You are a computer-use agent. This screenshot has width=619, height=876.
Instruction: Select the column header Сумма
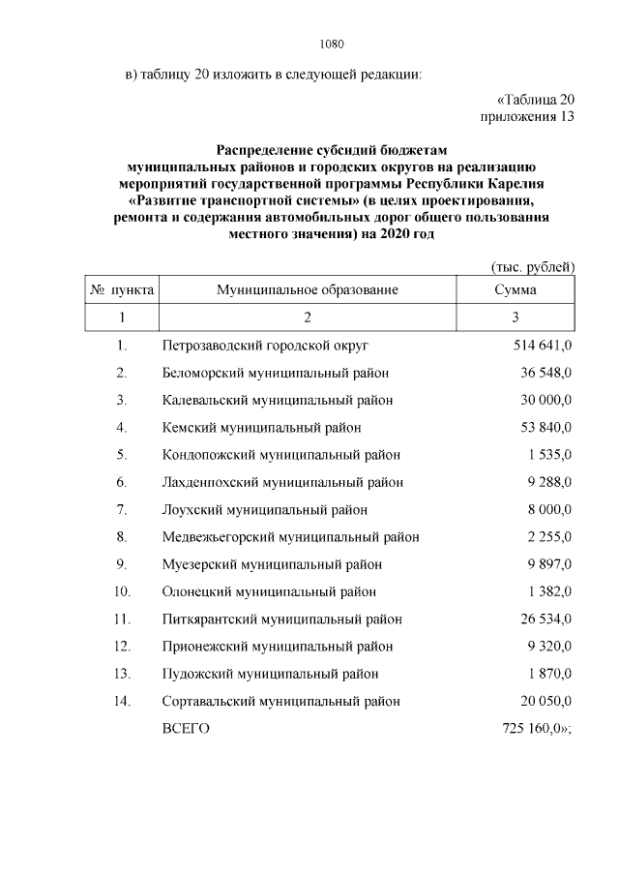(x=516, y=289)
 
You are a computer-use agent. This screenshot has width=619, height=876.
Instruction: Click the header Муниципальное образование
(x=308, y=289)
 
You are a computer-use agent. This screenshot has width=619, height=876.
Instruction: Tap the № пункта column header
(x=122, y=289)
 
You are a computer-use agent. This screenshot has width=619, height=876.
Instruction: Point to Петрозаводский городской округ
(x=265, y=345)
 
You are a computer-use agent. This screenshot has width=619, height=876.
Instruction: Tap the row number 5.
(x=122, y=454)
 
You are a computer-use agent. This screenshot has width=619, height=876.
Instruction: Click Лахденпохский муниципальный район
(x=282, y=482)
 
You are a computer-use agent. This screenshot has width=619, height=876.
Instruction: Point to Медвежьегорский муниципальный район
(x=290, y=536)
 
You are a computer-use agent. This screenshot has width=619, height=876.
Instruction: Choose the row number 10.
(x=122, y=591)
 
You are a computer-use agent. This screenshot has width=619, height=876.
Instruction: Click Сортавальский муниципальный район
(x=281, y=701)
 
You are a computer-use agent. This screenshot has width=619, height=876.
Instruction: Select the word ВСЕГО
(x=187, y=728)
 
